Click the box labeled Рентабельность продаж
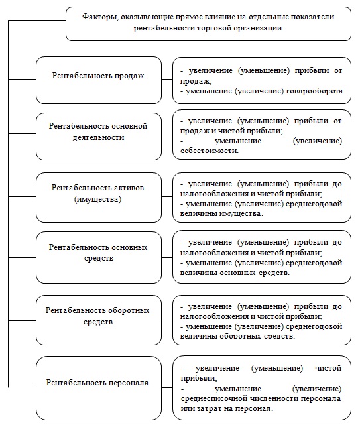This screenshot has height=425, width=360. (98, 80)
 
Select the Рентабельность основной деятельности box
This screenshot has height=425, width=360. (98, 136)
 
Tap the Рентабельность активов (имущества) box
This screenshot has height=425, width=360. (98, 198)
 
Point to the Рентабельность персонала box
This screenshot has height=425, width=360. (98, 383)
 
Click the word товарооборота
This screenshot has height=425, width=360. (314, 91)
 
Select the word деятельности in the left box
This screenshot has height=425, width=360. (98, 137)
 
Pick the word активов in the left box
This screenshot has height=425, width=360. (128, 187)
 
